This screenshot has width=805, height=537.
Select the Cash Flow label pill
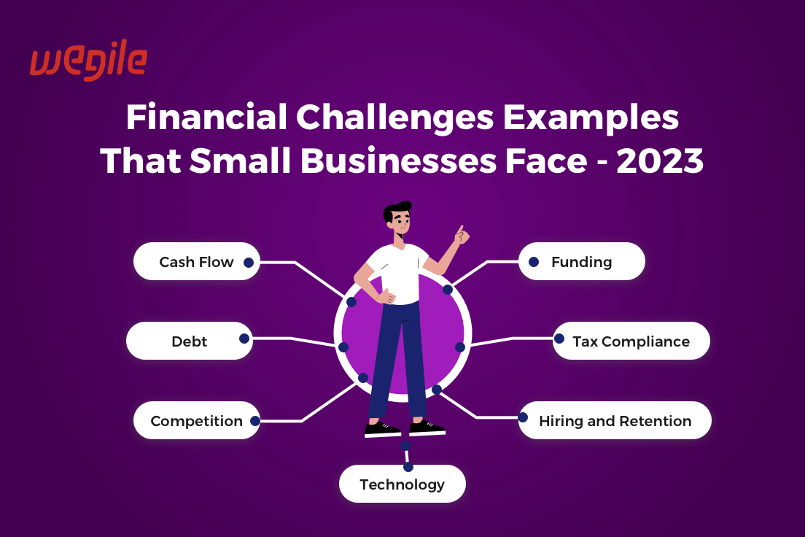pyautogui.click(x=197, y=261)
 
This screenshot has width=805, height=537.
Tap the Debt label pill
pyautogui.click(x=190, y=341)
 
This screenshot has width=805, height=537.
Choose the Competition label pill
pyautogui.click(x=197, y=420)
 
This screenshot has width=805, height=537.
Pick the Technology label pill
pyautogui.click(x=402, y=484)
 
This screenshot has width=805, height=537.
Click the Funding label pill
pyautogui.click(x=582, y=261)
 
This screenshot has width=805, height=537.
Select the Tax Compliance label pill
pyautogui.click(x=631, y=341)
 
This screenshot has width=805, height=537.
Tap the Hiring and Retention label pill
pyautogui.click(x=615, y=420)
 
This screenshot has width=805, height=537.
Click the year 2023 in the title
pyautogui.click(x=660, y=161)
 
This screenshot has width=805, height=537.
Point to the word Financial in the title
pyautogui.click(x=207, y=117)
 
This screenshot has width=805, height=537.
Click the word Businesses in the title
pyautogui.click(x=398, y=161)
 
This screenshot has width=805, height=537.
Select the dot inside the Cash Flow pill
pyautogui.click(x=249, y=263)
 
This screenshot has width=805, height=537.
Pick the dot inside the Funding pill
pyautogui.click(x=534, y=262)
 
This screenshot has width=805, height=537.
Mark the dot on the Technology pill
pyautogui.click(x=408, y=467)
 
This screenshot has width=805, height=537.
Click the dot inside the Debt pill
pyautogui.click(x=244, y=339)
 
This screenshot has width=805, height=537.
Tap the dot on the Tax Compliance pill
pyautogui.click(x=559, y=339)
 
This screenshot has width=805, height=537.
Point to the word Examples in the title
pyautogui.click(x=591, y=118)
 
